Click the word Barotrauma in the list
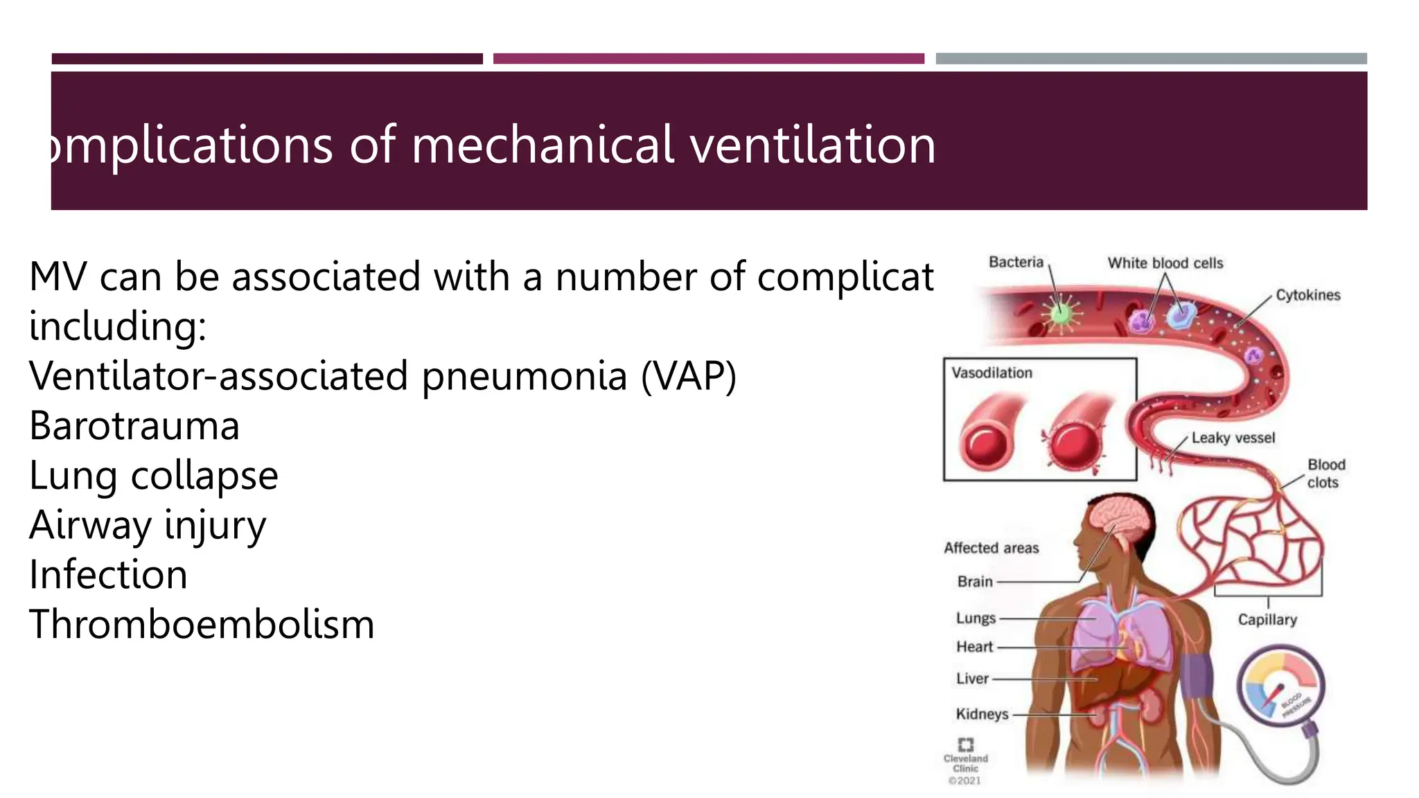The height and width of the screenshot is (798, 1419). (x=134, y=425)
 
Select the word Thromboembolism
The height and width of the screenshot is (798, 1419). (x=202, y=624)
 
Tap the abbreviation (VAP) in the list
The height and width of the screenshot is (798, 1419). (x=689, y=376)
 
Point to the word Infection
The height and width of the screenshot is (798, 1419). (x=108, y=574)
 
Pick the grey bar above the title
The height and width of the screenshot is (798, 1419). (x=1151, y=59)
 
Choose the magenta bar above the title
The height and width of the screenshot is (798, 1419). (x=708, y=59)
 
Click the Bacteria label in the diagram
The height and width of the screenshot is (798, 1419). (x=1016, y=262)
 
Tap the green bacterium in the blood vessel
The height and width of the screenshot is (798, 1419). (x=1060, y=313)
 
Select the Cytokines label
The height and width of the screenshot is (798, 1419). (x=1307, y=295)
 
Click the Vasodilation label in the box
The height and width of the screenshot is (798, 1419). (x=991, y=373)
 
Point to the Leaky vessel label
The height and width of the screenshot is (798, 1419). (x=1233, y=438)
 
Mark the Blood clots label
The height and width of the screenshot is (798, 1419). (x=1325, y=473)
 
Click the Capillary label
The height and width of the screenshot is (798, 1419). (x=1267, y=619)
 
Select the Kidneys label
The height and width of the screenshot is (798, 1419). (x=982, y=713)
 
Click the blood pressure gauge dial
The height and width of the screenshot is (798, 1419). (x=1280, y=686)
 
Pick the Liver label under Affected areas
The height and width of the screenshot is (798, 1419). (x=972, y=679)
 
